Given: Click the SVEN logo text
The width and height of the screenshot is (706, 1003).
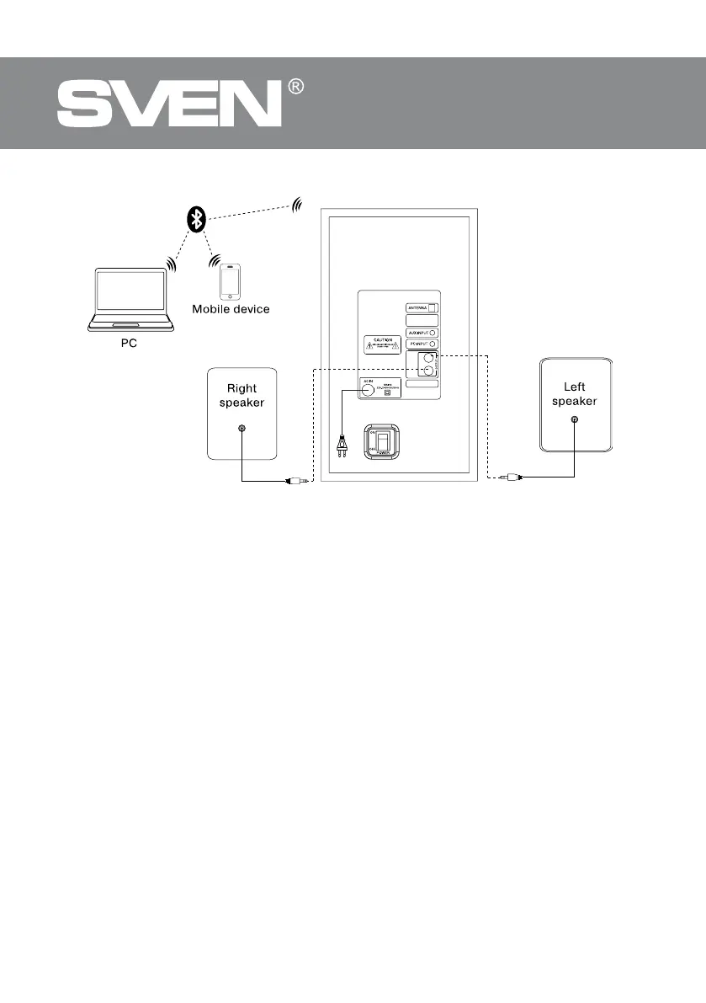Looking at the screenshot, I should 168,105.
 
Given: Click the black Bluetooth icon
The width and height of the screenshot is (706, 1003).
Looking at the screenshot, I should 196,220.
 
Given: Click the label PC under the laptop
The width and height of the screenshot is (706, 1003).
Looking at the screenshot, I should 127,345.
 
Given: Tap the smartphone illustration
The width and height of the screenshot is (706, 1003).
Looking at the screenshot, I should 230,281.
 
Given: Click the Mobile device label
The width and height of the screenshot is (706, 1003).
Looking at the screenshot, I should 231,309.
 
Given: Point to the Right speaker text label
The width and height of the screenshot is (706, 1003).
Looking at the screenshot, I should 242,395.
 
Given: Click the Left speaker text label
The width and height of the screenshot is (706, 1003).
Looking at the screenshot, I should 574,394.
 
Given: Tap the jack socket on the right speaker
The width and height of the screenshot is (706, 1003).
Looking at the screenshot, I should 242,429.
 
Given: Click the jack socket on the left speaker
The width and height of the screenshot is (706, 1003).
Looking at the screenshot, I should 574,419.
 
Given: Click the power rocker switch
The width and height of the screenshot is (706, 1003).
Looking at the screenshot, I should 383,442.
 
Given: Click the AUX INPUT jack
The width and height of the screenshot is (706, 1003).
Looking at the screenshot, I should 433,333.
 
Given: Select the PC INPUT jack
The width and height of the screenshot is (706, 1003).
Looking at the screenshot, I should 433,344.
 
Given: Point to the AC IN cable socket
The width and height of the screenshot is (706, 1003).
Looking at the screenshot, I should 369,390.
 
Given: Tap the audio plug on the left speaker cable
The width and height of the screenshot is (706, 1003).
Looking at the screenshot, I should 507,477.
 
